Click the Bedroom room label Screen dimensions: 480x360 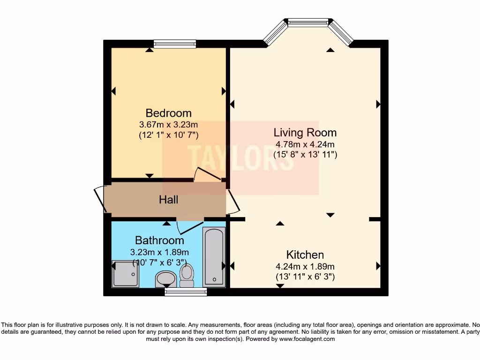point(168,113)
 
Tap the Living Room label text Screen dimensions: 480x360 point(305,133)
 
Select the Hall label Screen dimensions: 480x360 point(168,200)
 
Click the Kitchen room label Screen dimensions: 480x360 point(305,255)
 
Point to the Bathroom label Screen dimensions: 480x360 point(159,240)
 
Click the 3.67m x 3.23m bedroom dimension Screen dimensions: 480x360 point(168,125)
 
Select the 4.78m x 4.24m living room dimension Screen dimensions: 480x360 point(305,144)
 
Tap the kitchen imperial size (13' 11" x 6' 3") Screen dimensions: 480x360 point(305,277)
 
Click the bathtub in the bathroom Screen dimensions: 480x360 point(214,257)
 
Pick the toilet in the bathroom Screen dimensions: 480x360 point(187,276)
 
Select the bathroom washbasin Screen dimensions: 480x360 point(165,279)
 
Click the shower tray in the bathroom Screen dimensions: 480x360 point(126,274)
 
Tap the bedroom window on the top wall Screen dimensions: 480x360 point(175,44)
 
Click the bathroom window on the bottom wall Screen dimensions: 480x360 point(186,292)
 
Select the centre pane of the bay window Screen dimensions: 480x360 point(308,22)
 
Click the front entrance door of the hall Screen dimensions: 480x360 point(100,200)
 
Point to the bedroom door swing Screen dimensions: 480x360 point(208,174)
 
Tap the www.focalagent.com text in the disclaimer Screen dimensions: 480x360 point(307,339)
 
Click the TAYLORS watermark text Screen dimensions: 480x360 point(240,157)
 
